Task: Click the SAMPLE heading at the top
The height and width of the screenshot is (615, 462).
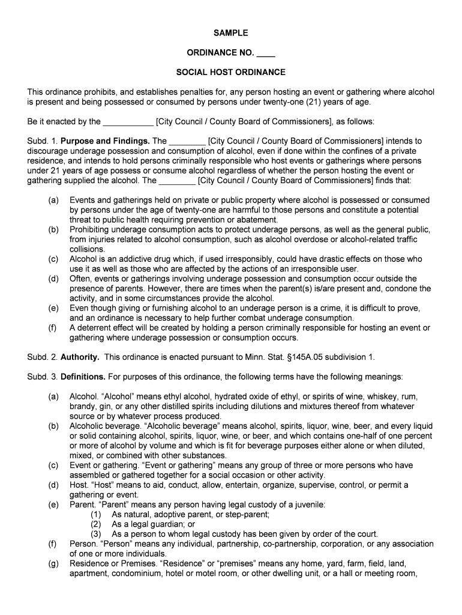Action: tap(230, 33)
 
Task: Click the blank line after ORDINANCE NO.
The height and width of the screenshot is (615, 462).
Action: tap(265, 53)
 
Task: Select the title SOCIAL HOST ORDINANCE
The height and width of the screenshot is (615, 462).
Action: tap(230, 73)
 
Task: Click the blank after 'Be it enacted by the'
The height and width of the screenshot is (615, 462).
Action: tap(128, 122)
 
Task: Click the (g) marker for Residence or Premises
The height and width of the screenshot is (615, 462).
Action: tap(53, 563)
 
